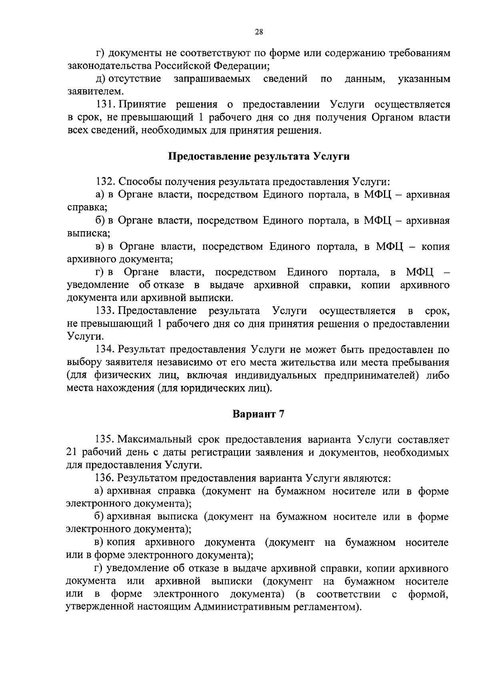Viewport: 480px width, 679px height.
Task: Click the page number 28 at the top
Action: pos(258,33)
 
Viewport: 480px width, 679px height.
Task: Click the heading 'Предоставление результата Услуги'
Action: pos(258,156)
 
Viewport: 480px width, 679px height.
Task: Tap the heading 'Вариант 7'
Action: pos(258,414)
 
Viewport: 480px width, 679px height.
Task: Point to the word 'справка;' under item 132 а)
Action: pos(82,208)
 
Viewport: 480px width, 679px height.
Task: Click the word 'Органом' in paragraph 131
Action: pos(392,118)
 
